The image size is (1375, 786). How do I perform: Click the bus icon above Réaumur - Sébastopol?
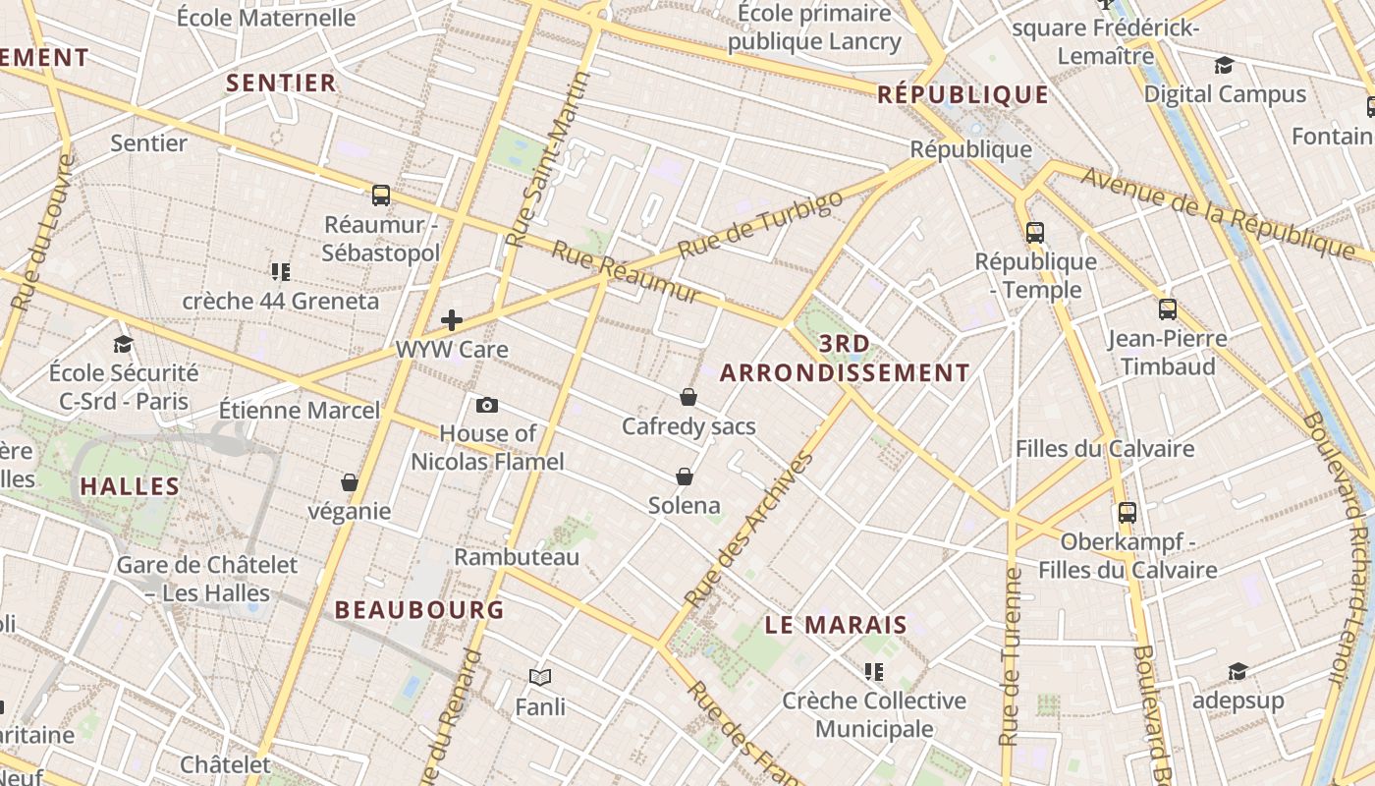click(381, 195)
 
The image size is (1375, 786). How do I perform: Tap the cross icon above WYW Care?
click(452, 320)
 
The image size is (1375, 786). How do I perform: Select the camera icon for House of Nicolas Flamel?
click(486, 405)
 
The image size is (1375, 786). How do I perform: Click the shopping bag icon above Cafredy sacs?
click(688, 397)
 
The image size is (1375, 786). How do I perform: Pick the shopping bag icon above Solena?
click(685, 477)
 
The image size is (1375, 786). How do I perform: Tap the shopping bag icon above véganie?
click(349, 482)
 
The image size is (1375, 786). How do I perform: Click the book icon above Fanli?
click(540, 677)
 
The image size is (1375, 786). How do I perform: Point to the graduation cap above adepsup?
click(1237, 671)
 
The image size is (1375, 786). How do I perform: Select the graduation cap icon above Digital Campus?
click(1224, 65)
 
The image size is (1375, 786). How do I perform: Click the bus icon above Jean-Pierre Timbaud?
click(1167, 309)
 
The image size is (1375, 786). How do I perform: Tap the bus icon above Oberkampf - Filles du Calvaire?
click(1127, 512)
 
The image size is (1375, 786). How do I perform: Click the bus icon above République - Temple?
click(1035, 232)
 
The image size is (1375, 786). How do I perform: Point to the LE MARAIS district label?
click(836, 625)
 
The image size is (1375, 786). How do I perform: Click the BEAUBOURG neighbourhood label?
click(419, 610)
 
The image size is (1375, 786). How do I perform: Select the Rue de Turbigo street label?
click(760, 225)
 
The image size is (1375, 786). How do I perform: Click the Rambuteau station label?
click(517, 557)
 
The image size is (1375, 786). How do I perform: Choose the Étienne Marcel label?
click(299, 410)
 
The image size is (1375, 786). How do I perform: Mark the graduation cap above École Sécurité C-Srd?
click(123, 344)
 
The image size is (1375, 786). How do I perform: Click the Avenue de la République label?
click(1218, 212)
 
